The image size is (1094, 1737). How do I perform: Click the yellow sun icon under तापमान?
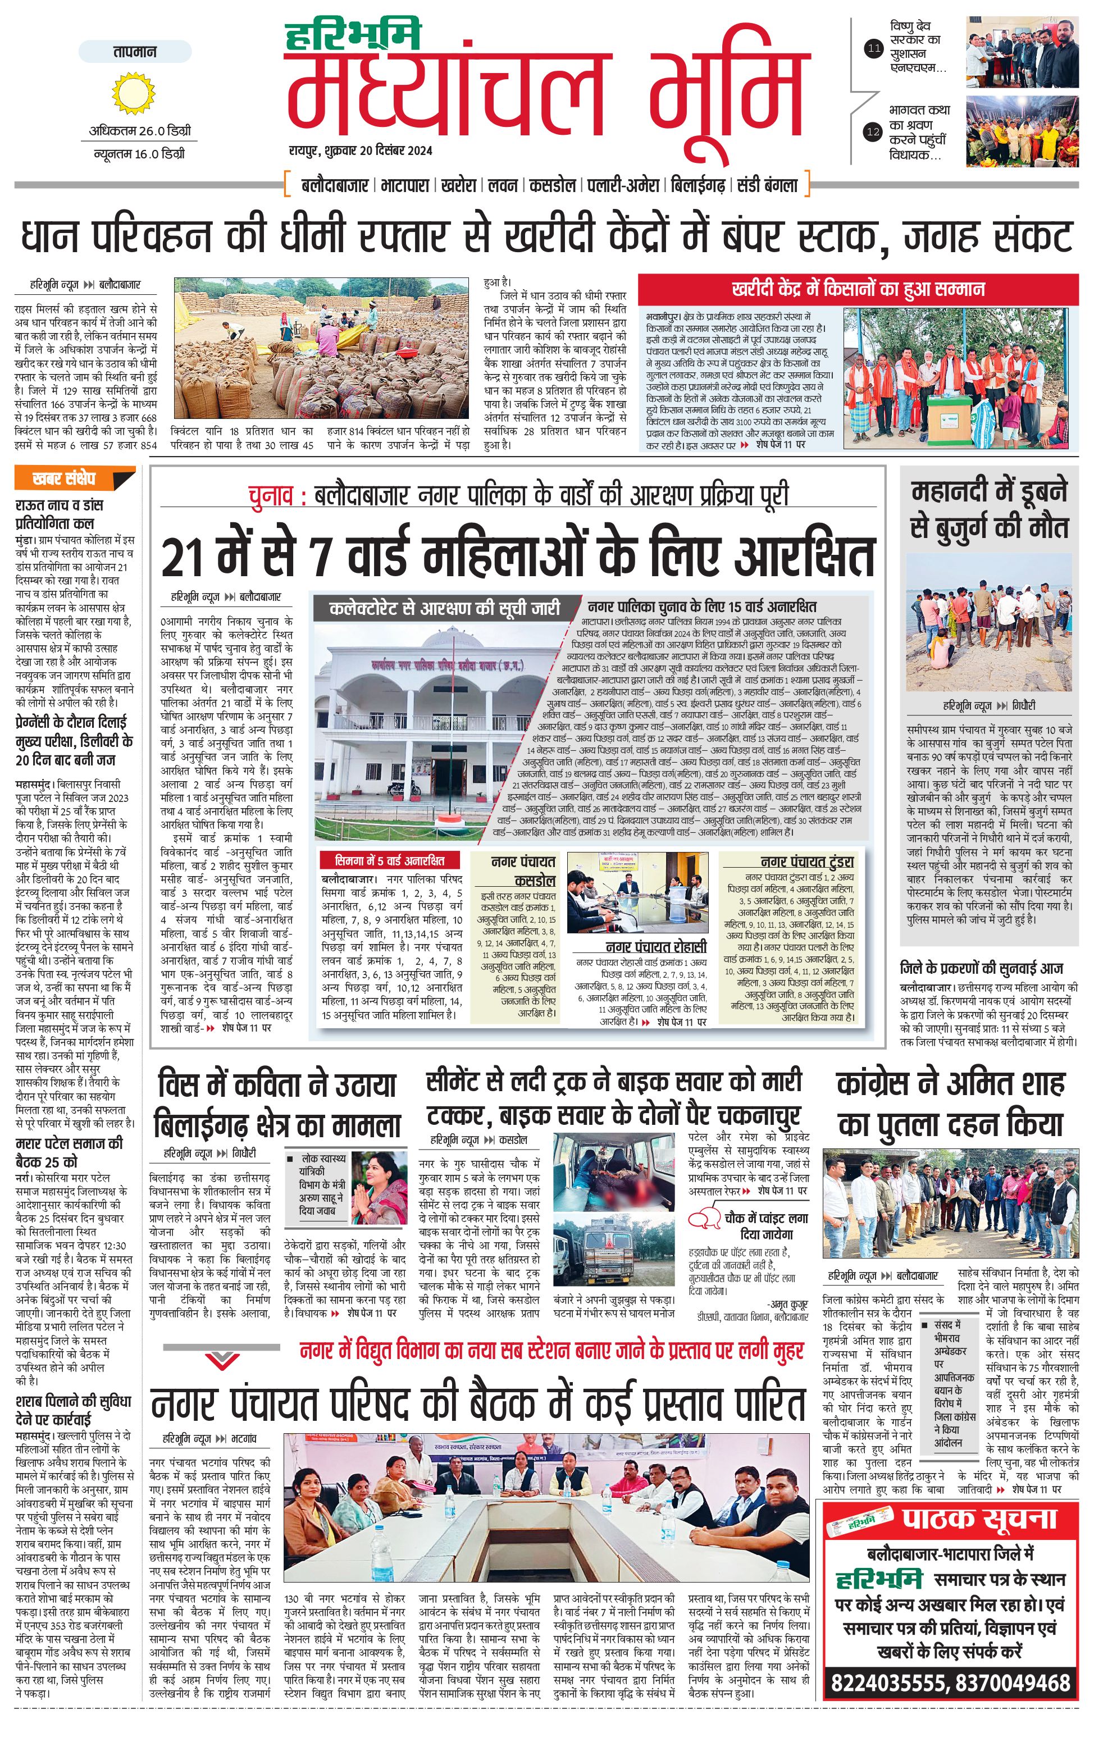[134, 94]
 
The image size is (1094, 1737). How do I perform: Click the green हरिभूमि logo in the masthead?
[353, 36]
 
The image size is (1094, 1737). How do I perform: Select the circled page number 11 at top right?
[874, 49]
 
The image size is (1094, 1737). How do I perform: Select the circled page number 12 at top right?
[874, 132]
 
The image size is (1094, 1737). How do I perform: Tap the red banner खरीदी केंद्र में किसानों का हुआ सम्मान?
[858, 290]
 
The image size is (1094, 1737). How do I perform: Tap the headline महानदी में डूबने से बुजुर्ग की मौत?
[989, 509]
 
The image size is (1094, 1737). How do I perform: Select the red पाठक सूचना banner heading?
[979, 1499]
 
